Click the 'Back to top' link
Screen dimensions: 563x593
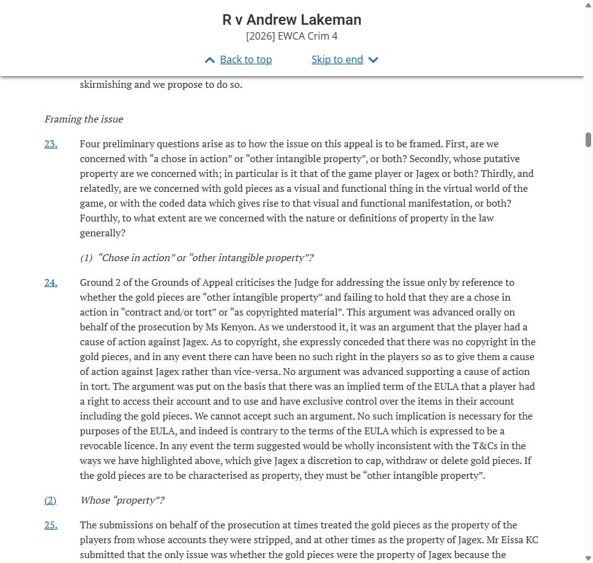tap(246, 59)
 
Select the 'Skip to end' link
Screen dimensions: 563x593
tap(337, 59)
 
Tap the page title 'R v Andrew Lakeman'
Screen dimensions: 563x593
tap(292, 19)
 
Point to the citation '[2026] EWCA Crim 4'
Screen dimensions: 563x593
tap(292, 36)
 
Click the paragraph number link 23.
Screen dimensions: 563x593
tap(51, 144)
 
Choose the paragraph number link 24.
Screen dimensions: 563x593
tap(51, 283)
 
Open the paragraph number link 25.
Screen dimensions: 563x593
tap(51, 525)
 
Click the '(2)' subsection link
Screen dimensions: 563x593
tap(50, 501)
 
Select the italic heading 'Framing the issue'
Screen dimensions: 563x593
tap(84, 119)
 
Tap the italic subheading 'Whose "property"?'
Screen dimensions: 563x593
tap(122, 501)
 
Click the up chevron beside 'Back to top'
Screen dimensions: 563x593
tap(210, 60)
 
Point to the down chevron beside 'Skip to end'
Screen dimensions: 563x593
tap(373, 60)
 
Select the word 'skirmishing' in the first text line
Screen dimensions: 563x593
tap(105, 85)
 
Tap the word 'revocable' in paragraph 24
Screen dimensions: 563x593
tap(102, 446)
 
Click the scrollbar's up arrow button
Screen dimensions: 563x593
tap(587, 5)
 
